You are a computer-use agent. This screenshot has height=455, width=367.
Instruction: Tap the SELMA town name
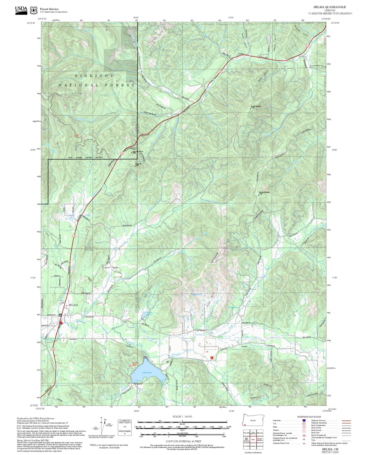tap(73, 305)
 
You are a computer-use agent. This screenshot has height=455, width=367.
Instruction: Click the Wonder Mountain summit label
tap(256, 107)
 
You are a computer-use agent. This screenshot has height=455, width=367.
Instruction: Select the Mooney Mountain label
tap(264, 192)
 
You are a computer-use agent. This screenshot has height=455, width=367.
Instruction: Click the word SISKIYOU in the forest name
tap(94, 76)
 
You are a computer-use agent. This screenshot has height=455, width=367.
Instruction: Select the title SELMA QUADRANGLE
tap(330, 7)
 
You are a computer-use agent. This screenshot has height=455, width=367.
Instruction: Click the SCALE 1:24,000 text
tap(182, 416)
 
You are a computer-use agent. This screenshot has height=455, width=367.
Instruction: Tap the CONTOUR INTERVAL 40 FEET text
tap(182, 441)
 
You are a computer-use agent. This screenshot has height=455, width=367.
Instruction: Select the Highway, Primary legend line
tap(346, 421)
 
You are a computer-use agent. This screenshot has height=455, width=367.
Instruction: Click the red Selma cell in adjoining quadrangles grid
tap(253, 439)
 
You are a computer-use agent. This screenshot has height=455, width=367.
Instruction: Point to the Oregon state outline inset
tap(253, 420)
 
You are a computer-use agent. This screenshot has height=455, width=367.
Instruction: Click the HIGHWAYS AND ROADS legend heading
tap(309, 417)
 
